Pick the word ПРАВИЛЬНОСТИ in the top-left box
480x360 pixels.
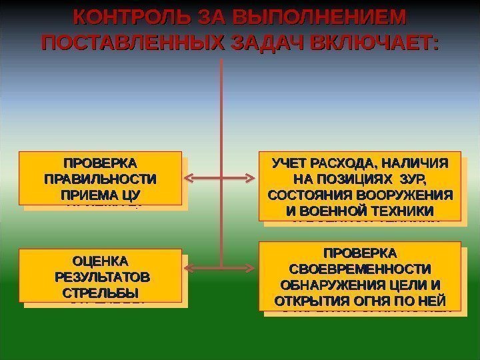point(100,179)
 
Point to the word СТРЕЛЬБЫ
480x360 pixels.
point(100,293)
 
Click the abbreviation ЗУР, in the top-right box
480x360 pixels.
point(413,179)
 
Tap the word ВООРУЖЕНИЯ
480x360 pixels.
point(409,195)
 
